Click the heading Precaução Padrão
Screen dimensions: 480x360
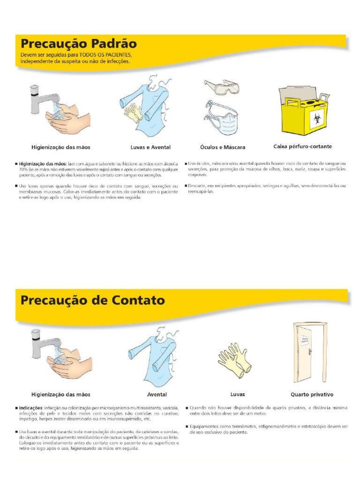click(x=79, y=44)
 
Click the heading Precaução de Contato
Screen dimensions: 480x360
click(x=92, y=300)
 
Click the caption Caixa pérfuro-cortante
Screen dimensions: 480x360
click(x=302, y=147)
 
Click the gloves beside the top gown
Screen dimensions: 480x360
click(x=133, y=112)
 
